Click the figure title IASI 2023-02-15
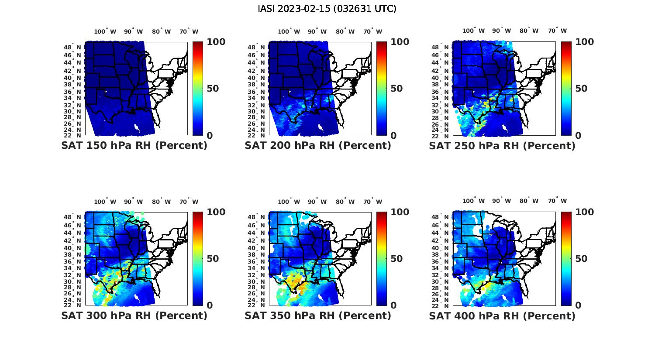pos(327,9)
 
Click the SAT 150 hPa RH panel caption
pos(134,146)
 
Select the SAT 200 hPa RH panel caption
pos(318,146)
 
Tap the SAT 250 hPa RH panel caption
pos(502,146)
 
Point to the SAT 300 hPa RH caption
pos(134,315)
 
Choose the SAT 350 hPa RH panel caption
pos(318,315)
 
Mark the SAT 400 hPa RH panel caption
pos(502,315)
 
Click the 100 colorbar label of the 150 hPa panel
pos(216,42)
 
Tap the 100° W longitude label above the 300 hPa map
pos(105,202)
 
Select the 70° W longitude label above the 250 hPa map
pos(558,31)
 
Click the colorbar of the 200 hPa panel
pos(382,89)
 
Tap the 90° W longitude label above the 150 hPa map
pos(133,31)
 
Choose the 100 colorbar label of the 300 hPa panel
pos(216,212)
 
